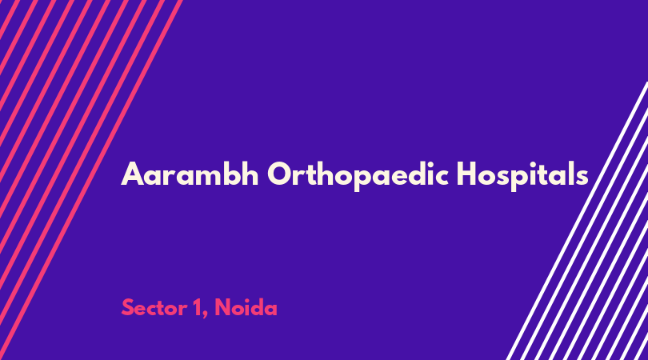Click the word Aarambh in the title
(190, 174)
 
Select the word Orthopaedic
(358, 175)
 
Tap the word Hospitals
(522, 175)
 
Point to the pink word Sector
(154, 308)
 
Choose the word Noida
(246, 307)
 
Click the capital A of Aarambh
(132, 174)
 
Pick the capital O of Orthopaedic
(281, 174)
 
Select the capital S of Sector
(128, 308)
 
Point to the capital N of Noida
(223, 308)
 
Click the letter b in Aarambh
(230, 174)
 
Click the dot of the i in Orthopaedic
(428, 163)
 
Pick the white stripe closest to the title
(577, 221)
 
